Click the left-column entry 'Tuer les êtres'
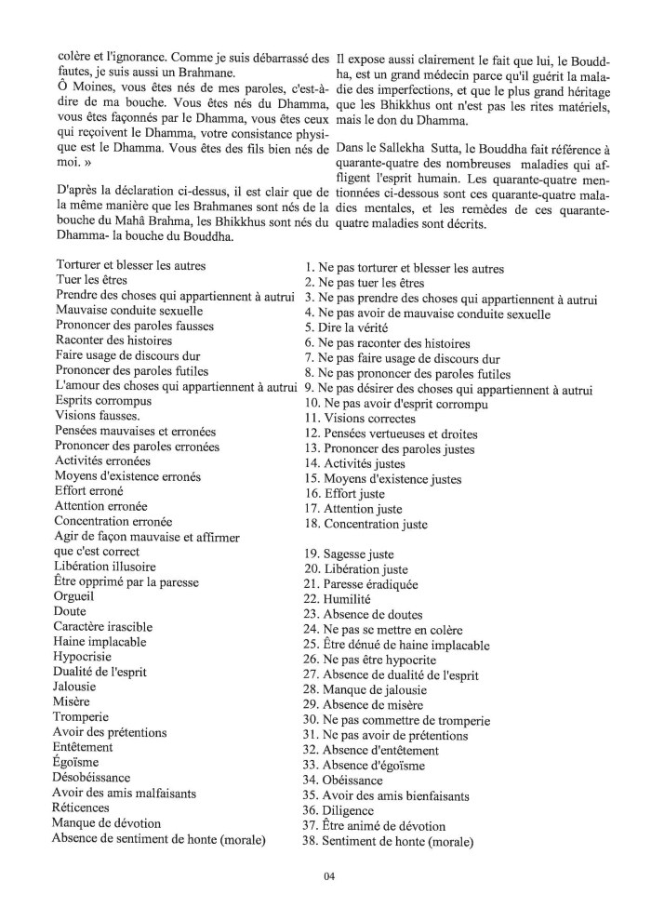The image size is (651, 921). pyautogui.click(x=91, y=279)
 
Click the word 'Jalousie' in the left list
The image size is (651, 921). pyautogui.click(x=78, y=687)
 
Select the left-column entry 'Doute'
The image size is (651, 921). pyautogui.click(x=71, y=611)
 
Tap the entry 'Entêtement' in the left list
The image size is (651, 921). pyautogui.click(x=84, y=747)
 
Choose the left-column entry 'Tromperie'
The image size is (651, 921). pyautogui.click(x=82, y=717)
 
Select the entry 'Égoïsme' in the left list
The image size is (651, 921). pyautogui.click(x=77, y=762)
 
